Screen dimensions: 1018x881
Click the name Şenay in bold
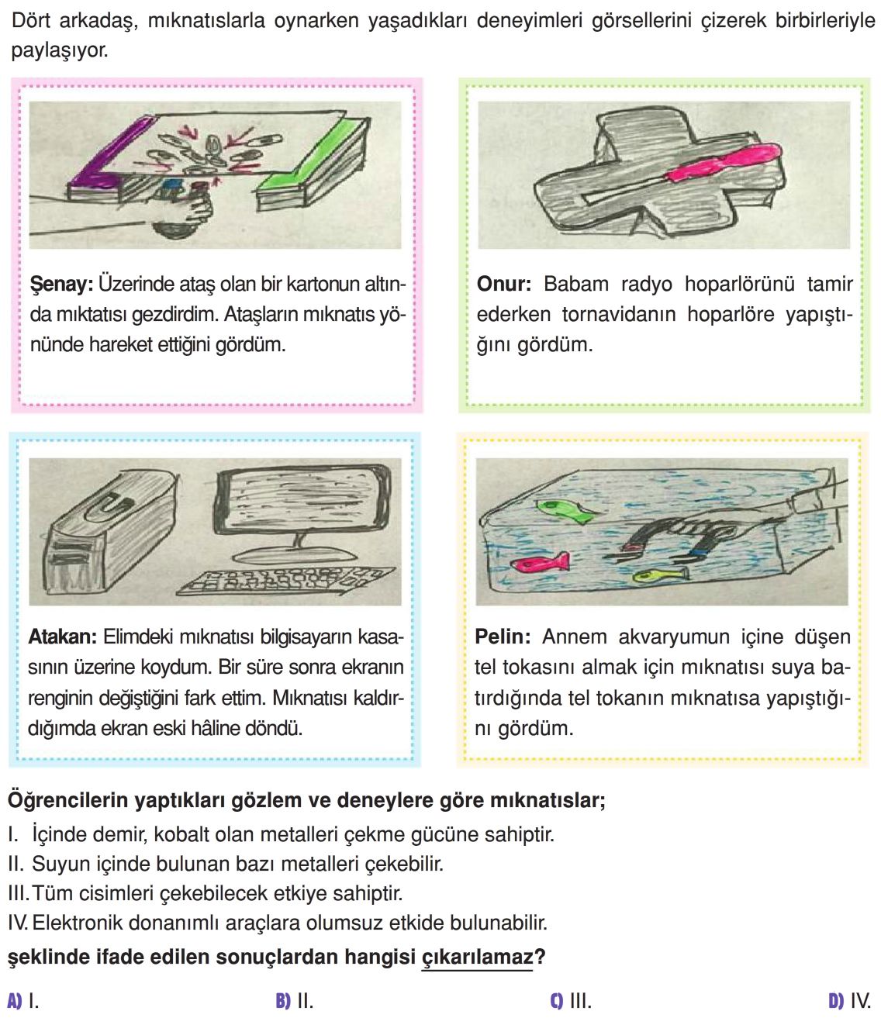click(60, 285)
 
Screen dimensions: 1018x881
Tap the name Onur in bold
click(503, 285)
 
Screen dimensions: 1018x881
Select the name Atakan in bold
click(62, 637)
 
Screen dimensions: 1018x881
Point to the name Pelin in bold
click(502, 637)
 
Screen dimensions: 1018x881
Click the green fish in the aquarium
click(560, 509)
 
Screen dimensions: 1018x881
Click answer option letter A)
click(14, 1001)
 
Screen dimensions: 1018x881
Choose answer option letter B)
click(282, 1001)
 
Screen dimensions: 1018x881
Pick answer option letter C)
click(556, 1001)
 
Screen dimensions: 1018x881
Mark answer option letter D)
click(835, 1001)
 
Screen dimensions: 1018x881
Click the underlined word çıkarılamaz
click(477, 958)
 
